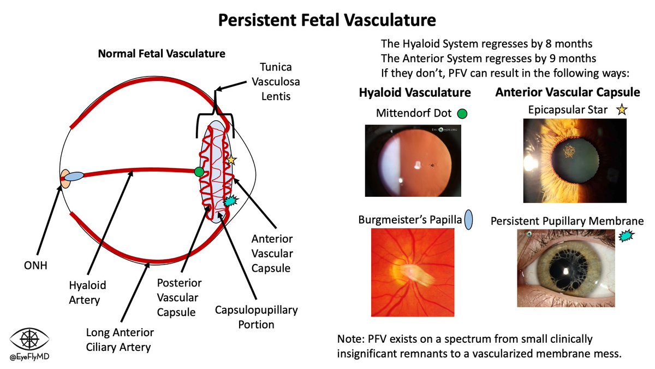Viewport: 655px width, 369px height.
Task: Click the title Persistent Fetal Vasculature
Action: click(x=327, y=20)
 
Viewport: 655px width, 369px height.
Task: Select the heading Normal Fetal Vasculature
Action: click(x=161, y=54)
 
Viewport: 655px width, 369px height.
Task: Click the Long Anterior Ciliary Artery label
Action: click(x=120, y=339)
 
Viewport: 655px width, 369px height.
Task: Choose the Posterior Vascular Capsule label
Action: click(x=179, y=297)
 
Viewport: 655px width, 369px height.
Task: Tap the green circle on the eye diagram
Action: click(x=199, y=172)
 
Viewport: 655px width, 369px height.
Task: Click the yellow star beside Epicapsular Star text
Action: click(x=621, y=110)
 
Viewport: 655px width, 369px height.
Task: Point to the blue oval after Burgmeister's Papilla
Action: click(x=468, y=220)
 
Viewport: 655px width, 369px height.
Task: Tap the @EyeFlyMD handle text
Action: click(x=30, y=358)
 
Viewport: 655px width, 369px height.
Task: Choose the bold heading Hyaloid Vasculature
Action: click(x=414, y=92)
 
